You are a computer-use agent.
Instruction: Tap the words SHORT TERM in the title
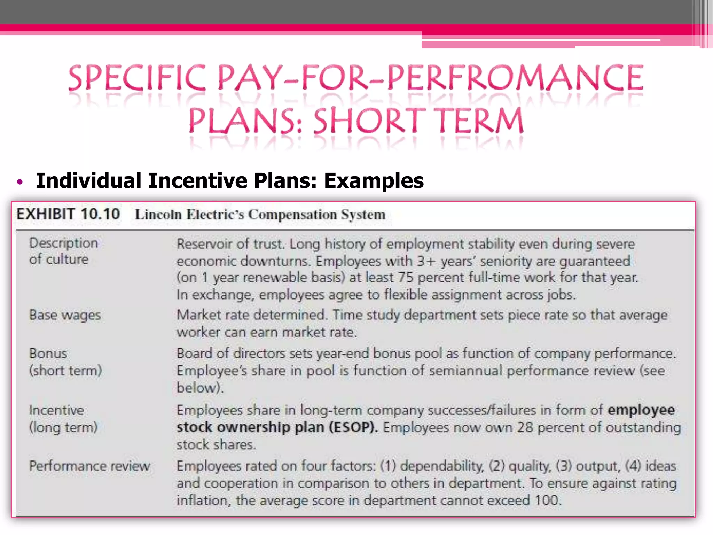coord(418,121)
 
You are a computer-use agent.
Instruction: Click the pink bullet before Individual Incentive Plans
coord(20,182)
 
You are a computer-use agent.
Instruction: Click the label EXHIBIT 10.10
coord(68,214)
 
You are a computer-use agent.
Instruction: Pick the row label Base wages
coord(65,315)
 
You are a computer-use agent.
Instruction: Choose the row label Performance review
coord(89,466)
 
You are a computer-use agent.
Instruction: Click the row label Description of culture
coord(63,251)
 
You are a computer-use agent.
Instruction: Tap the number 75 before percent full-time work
coord(406,278)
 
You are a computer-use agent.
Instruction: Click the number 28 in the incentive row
coord(525,427)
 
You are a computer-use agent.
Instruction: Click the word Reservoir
coord(204,244)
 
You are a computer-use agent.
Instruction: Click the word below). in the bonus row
coord(200,388)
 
